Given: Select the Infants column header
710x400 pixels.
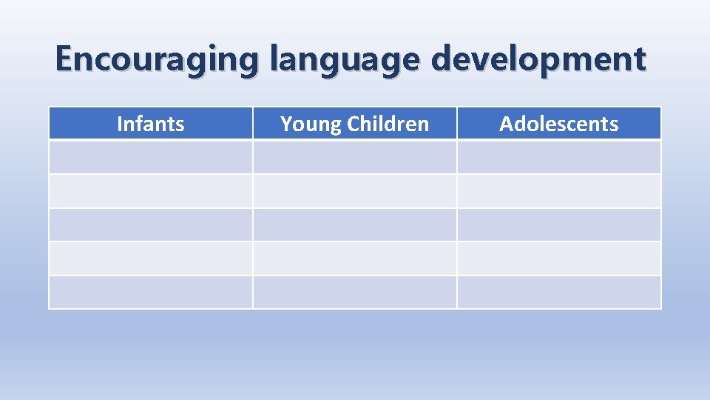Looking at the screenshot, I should (151, 124).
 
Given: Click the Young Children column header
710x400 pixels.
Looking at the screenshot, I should (355, 124).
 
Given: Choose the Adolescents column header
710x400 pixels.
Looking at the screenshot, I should (559, 124).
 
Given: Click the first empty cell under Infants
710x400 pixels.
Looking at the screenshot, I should (151, 157).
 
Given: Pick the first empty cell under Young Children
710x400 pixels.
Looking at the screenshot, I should (355, 157).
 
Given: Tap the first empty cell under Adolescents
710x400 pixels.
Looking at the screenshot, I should (559, 157).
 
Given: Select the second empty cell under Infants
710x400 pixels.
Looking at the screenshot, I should (151, 191).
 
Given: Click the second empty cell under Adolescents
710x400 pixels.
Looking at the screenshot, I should (559, 191).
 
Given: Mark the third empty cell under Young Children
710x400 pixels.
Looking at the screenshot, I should (355, 224).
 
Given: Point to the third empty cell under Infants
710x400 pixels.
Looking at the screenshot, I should (151, 224).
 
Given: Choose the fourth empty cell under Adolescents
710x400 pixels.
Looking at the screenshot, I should (559, 259).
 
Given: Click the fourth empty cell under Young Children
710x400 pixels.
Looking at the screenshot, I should (355, 259).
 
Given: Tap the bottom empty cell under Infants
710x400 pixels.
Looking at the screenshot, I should (151, 292).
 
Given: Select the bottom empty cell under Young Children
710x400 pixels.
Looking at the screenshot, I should (355, 292).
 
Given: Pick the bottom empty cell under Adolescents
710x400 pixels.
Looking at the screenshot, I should (559, 292).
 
